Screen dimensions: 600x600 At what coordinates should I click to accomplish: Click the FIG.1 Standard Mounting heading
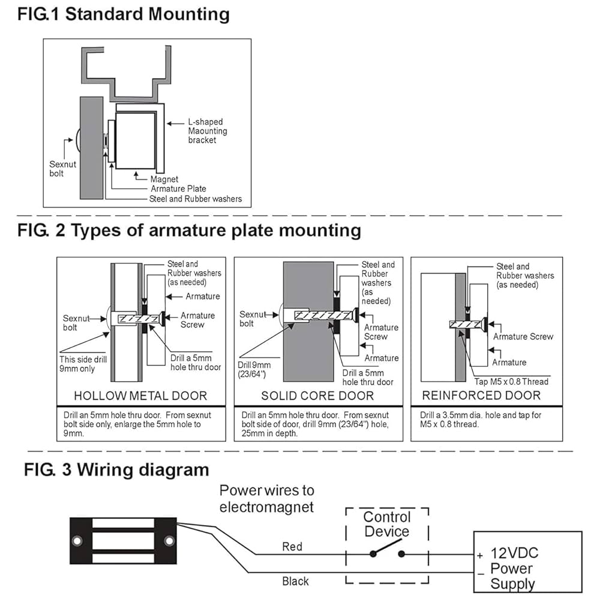click(x=123, y=14)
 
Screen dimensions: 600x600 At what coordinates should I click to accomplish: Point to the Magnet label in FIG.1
click(x=164, y=179)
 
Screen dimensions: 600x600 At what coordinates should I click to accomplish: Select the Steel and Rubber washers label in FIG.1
click(x=196, y=199)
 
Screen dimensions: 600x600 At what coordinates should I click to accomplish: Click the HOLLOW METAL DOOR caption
click(x=140, y=395)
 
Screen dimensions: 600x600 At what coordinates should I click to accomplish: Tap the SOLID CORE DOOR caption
click(x=317, y=395)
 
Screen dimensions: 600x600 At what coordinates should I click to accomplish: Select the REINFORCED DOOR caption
click(x=481, y=395)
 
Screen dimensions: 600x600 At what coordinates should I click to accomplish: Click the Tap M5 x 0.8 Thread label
click(x=511, y=381)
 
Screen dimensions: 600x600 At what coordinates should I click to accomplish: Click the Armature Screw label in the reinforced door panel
click(x=523, y=337)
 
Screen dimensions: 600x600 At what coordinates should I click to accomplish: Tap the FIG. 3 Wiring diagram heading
click(x=116, y=469)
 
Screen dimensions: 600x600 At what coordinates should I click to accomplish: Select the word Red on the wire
click(x=292, y=547)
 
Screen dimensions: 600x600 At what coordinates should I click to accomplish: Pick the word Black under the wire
click(x=296, y=581)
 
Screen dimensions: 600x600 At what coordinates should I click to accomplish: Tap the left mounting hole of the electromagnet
click(x=76, y=542)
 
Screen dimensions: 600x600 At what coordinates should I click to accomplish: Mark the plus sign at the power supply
click(x=480, y=556)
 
